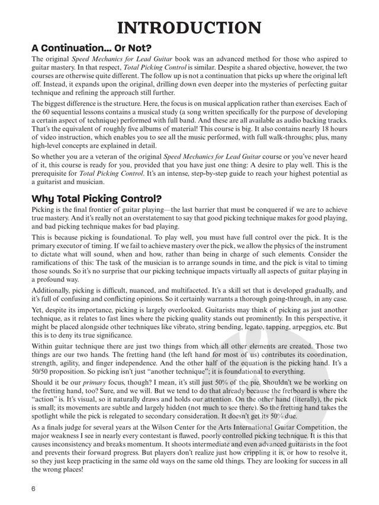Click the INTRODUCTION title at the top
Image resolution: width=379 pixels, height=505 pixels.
pyautogui.click(x=189, y=28)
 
